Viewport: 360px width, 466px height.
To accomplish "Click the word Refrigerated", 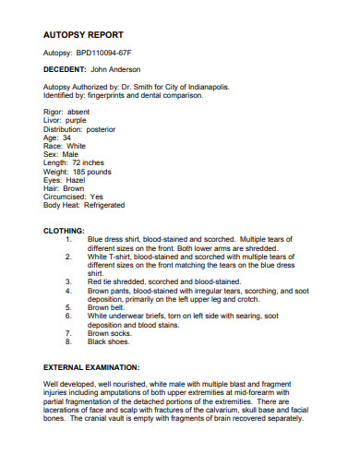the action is (x=105, y=205).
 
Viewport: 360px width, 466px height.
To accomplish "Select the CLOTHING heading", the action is (x=65, y=230).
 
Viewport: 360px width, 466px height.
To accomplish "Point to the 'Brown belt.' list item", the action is (x=105, y=307).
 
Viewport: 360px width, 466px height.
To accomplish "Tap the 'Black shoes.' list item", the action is (x=108, y=341).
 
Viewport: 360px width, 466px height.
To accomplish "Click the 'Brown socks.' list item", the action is (x=108, y=333).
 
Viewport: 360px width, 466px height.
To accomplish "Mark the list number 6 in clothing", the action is (x=68, y=316).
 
